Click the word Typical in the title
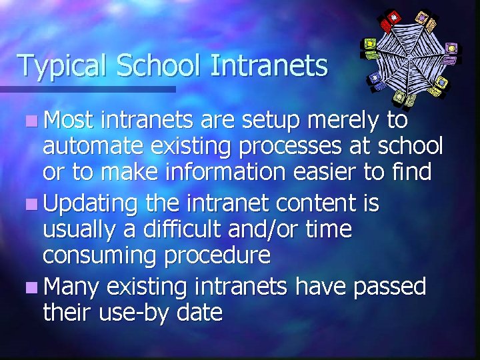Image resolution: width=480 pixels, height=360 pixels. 62,66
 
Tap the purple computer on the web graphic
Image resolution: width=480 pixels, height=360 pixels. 452,48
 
